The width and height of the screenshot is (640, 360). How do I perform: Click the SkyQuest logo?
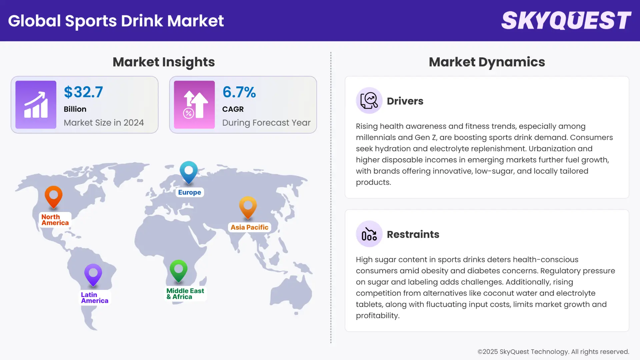click(x=566, y=20)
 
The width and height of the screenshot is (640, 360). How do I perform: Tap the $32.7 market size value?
click(x=83, y=92)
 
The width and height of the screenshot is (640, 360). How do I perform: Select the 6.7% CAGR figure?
click(x=239, y=92)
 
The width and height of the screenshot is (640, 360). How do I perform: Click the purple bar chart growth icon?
click(x=36, y=105)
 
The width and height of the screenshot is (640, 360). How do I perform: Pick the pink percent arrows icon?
click(x=194, y=105)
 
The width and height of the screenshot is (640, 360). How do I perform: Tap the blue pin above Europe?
click(x=189, y=171)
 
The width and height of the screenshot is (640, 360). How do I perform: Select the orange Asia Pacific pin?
click(x=248, y=207)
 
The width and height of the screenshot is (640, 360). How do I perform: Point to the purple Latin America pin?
click(x=93, y=274)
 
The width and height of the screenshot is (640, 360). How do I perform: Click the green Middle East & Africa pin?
click(x=178, y=270)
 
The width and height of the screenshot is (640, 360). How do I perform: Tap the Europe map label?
click(x=189, y=192)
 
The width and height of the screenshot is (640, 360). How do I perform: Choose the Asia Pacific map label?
click(x=249, y=227)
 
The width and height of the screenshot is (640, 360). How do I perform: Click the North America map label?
click(x=55, y=220)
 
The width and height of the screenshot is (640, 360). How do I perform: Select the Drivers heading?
click(x=405, y=101)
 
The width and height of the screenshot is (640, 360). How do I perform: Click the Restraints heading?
click(x=413, y=234)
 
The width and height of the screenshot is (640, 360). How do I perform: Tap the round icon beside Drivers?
click(x=369, y=100)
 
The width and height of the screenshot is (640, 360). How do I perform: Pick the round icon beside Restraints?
click(x=369, y=234)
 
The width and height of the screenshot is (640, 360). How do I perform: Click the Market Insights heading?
click(x=164, y=62)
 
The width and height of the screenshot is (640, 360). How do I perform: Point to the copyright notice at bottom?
click(x=553, y=352)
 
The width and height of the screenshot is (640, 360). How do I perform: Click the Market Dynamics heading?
click(x=487, y=62)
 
